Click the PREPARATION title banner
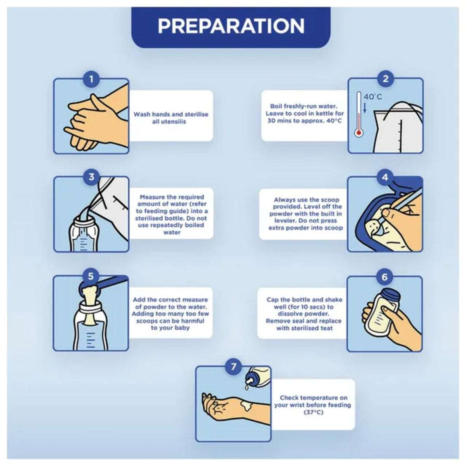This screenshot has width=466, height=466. [x=231, y=28]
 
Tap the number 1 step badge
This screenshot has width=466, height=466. [x=91, y=79]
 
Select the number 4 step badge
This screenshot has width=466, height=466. [x=385, y=178]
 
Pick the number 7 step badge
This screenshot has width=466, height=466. [x=234, y=367]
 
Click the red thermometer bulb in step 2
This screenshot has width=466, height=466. [x=359, y=132]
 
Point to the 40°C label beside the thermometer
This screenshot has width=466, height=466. [x=373, y=97]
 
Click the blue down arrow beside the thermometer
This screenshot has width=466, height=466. [x=365, y=107]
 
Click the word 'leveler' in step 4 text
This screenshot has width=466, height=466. [x=285, y=221]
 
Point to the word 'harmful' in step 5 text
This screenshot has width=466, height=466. [x=193, y=321]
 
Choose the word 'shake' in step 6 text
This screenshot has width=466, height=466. [x=334, y=299]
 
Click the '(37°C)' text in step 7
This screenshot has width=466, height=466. [x=314, y=412]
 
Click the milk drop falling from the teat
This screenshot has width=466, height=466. [x=246, y=387]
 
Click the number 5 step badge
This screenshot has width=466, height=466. [x=91, y=276]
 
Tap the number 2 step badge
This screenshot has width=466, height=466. [x=385, y=79]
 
